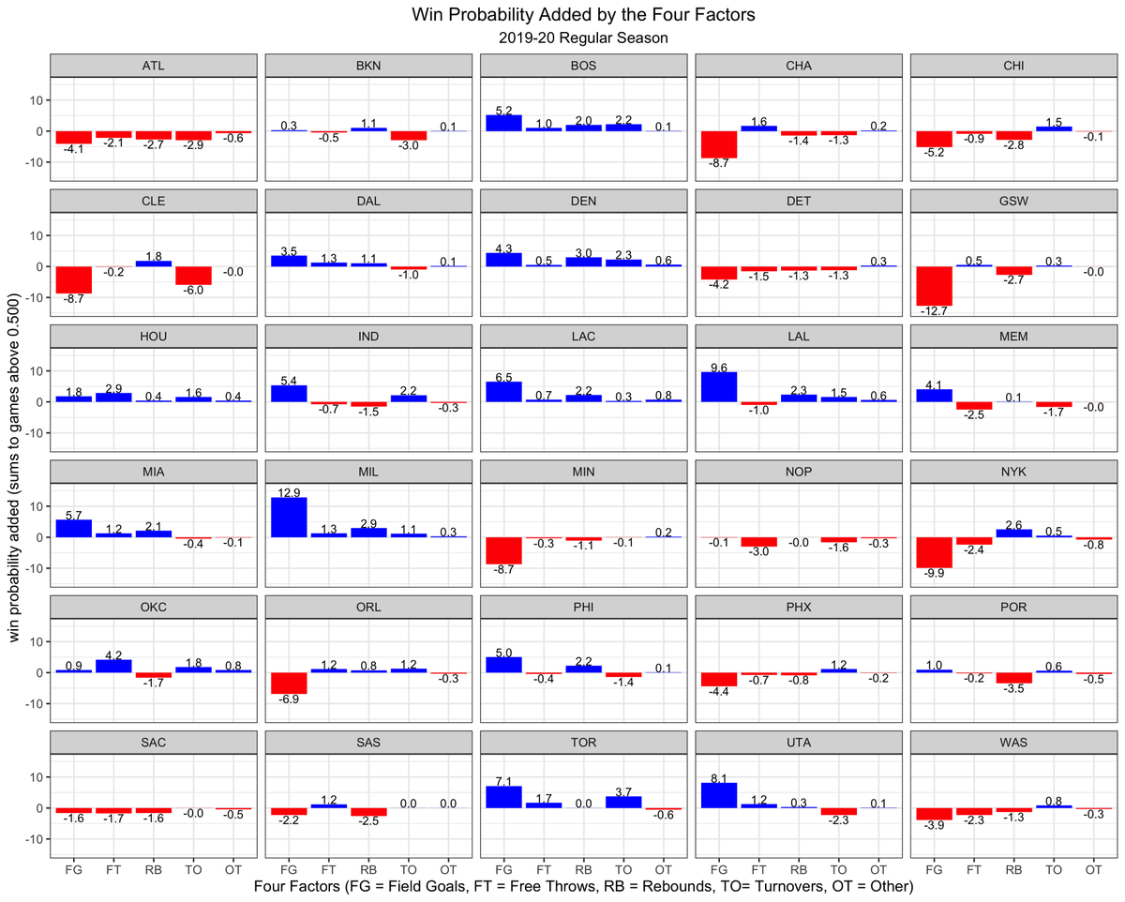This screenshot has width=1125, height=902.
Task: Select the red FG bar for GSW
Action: [935, 286]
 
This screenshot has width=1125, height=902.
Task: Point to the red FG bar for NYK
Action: [935, 552]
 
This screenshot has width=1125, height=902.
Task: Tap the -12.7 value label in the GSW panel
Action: [935, 313]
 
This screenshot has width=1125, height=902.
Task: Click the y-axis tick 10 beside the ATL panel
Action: [35, 100]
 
